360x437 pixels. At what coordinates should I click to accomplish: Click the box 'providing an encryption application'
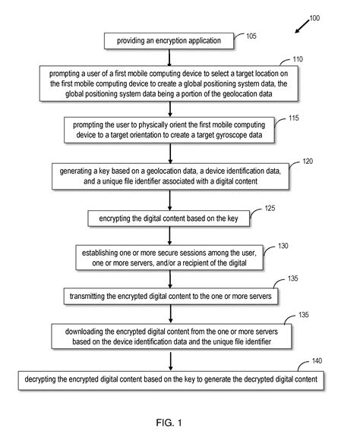169,41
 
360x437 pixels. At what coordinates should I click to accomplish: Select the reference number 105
251,36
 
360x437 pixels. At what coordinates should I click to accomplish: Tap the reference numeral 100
314,18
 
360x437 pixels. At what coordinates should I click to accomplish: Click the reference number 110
298,59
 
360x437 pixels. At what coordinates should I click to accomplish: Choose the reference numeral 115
294,118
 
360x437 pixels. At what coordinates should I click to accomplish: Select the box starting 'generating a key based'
170,177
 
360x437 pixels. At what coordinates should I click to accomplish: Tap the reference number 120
308,162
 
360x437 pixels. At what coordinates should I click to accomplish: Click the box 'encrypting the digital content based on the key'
169,218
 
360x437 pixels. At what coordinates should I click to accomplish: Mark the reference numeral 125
270,208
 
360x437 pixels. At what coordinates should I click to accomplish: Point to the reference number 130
283,246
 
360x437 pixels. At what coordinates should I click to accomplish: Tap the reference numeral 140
317,361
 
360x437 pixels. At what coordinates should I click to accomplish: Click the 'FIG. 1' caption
169,423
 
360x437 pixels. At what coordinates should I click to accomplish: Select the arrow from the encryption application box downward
169,58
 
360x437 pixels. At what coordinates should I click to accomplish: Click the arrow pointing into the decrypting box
171,361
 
